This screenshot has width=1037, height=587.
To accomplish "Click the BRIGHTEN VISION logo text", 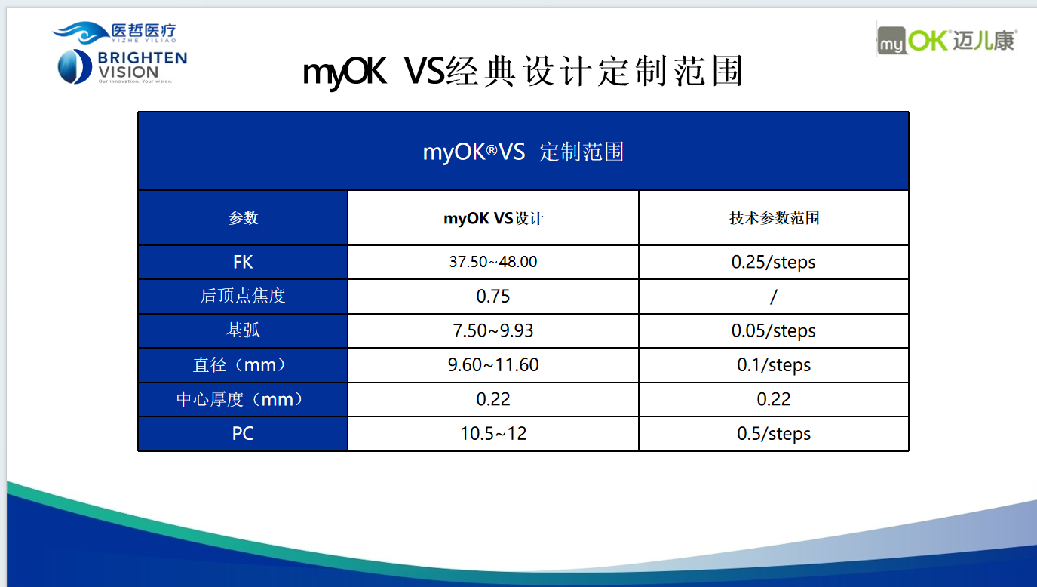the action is tap(143, 66).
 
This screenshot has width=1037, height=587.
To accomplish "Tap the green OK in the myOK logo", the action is tap(928, 41).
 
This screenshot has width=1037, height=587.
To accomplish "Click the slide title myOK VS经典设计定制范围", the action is tap(523, 72).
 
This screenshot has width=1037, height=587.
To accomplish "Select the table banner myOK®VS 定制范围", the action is tap(523, 152).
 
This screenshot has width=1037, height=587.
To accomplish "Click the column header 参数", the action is tap(243, 218).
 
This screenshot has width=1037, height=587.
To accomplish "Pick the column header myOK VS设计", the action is tap(493, 218).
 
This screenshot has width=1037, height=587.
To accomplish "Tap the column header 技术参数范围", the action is tap(774, 218).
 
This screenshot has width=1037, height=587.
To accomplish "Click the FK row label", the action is tap(243, 263).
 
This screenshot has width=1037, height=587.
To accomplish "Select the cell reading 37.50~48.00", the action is tap(493, 262).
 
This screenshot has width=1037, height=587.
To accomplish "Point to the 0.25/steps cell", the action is tap(774, 263).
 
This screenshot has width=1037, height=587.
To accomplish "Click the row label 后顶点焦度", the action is tap(243, 296).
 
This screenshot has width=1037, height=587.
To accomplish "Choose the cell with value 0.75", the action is tap(493, 297).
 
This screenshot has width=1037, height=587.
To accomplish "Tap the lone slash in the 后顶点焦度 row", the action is tap(774, 297).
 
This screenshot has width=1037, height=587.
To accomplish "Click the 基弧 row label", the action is tap(243, 330).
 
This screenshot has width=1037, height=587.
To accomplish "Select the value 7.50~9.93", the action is tap(493, 330).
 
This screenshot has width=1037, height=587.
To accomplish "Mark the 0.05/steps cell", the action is tap(774, 331).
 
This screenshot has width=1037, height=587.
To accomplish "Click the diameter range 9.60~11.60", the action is tap(493, 365).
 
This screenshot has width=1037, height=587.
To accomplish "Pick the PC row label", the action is tap(243, 434).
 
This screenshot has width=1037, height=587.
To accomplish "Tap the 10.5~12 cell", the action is tap(493, 434).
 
